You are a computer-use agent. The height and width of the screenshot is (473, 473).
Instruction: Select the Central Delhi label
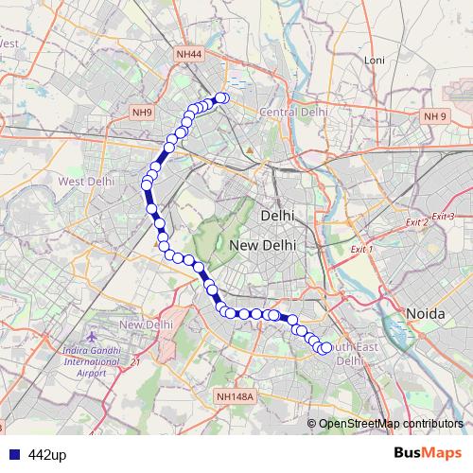(x=293, y=112)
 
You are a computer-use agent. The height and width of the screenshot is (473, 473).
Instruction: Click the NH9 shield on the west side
(x=142, y=113)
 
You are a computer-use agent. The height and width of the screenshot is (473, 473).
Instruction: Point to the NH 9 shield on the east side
(x=434, y=116)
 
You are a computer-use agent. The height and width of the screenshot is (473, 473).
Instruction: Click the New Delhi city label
(x=263, y=245)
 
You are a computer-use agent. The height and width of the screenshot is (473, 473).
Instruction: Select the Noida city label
(x=425, y=313)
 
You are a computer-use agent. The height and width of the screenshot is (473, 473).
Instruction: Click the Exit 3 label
(x=443, y=217)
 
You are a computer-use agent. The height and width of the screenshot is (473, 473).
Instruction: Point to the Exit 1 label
(x=362, y=249)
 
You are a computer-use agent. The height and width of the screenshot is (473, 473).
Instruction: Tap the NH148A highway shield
(x=235, y=397)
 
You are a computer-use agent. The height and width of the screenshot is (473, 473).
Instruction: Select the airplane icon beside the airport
(x=92, y=337)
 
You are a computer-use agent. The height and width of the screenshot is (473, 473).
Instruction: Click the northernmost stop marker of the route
(x=223, y=97)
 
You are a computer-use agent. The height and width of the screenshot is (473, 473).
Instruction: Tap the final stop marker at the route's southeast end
(x=326, y=348)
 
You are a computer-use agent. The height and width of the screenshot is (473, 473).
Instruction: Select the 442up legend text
(x=47, y=455)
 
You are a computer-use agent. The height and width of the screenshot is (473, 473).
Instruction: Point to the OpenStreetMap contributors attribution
(x=390, y=423)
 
